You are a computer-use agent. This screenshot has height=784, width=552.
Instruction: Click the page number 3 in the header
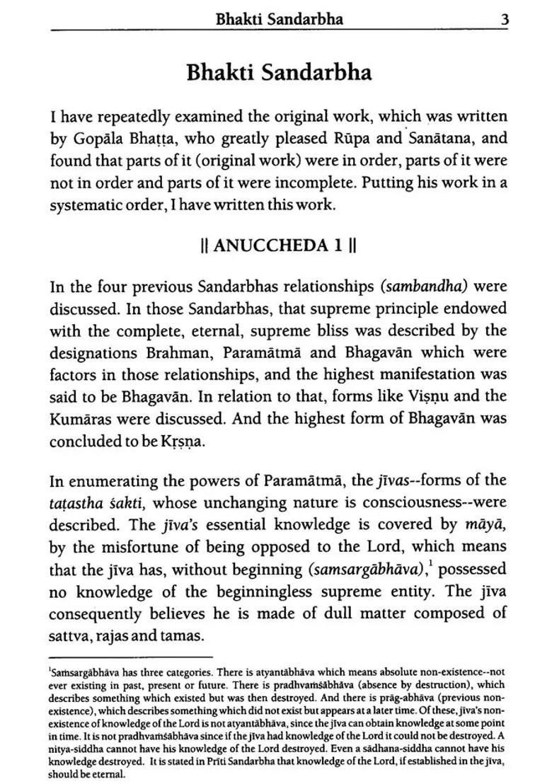(x=505, y=19)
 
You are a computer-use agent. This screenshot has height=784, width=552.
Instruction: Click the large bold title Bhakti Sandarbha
(x=278, y=73)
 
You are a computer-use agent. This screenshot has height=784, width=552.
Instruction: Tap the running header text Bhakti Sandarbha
(x=280, y=19)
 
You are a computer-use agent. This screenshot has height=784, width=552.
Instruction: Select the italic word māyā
(x=486, y=524)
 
